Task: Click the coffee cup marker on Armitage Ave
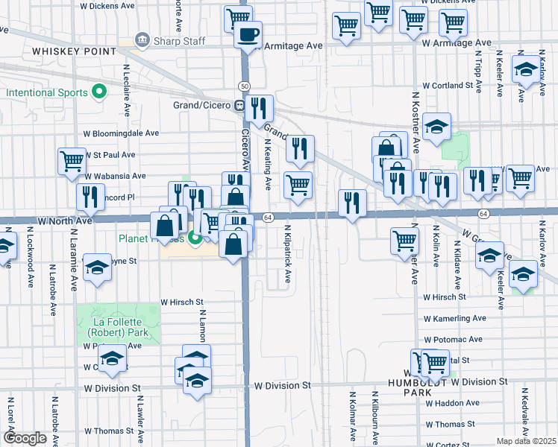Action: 248,34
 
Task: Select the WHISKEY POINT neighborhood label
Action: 74,51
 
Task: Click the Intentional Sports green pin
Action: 98,93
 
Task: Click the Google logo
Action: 25,438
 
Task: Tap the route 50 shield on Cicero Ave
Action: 244,86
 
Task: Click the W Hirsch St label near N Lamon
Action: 182,302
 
